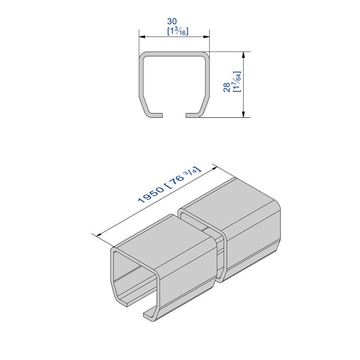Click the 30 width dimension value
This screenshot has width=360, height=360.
[x=172, y=21]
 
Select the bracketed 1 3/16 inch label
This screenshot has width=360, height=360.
[x=178, y=31]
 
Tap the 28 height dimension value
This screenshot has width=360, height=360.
[x=227, y=87]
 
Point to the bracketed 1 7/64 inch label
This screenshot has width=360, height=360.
[x=237, y=82]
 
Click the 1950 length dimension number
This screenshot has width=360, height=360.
[x=151, y=195]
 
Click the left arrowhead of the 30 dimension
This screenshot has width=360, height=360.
[x=142, y=36]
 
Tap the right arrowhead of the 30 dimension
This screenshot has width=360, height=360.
[x=207, y=36]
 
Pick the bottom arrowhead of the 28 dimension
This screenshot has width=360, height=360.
[x=243, y=114]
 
